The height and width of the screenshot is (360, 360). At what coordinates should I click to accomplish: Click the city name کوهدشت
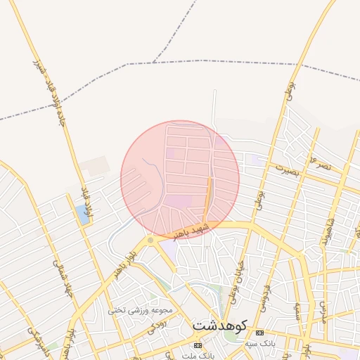coord(220,326)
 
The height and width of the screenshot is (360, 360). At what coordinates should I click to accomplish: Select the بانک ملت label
coord(197,356)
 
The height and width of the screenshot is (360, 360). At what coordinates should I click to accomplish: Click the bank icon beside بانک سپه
coord(260,333)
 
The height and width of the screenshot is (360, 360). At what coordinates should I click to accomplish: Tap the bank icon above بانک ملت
coord(198,346)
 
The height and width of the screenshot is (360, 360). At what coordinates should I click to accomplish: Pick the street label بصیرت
coord(286,169)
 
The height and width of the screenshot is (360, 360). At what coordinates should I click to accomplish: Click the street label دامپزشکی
coord(39,339)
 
